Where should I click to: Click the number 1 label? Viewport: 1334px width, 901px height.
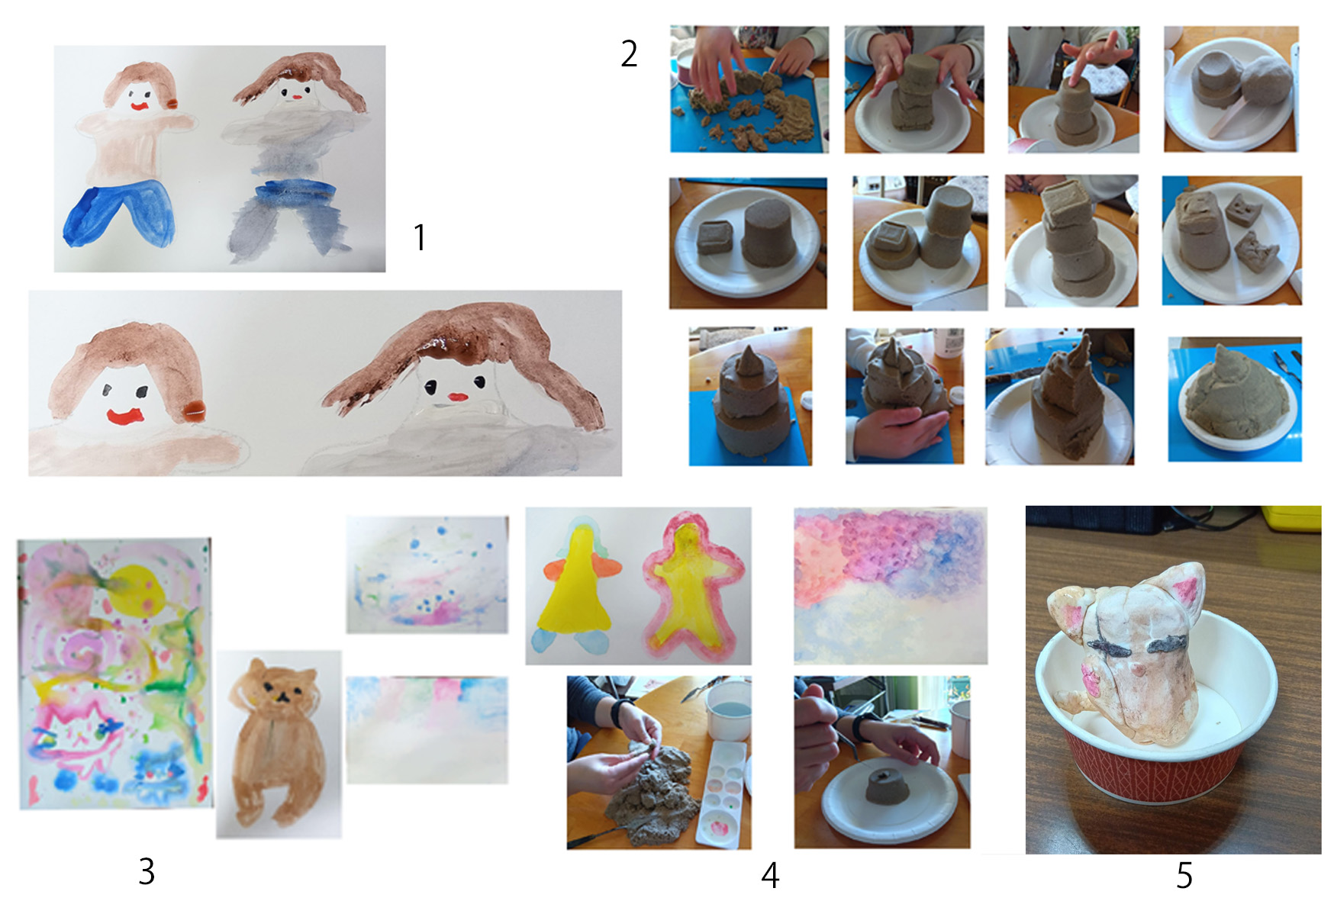[x=419, y=237]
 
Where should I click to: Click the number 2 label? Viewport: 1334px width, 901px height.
[x=629, y=53]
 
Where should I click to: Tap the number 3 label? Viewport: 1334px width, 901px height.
[x=147, y=871]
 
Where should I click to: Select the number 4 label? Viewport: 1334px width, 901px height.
[x=770, y=876]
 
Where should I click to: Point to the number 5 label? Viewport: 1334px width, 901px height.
[x=1184, y=876]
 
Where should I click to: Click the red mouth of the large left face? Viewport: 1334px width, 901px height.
[x=125, y=417]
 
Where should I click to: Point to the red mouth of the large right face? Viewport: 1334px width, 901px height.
[x=457, y=397]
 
